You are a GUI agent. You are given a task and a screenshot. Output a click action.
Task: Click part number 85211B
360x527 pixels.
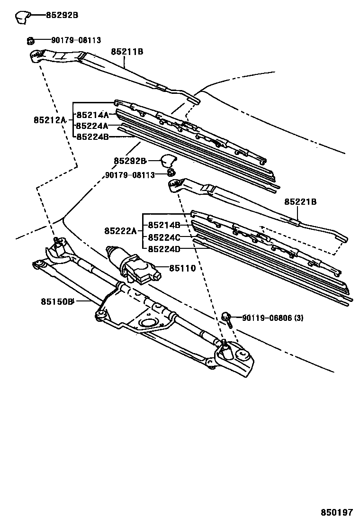pos(127,52)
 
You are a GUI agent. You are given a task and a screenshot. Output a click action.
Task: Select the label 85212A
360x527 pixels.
pos(50,120)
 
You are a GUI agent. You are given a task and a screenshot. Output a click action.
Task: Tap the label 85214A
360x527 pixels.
pos(93,115)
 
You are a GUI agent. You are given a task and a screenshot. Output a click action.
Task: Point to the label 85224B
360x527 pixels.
pos(93,137)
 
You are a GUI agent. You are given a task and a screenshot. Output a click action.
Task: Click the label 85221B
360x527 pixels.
pos(300,202)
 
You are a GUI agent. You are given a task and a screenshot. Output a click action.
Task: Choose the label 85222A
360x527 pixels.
pos(121,231)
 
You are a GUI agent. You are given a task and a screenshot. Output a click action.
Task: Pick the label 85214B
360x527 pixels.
pos(164,225)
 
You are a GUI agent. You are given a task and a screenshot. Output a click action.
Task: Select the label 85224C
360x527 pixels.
pos(164,237)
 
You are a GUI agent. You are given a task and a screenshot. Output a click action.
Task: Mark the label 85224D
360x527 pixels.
pos(164,248)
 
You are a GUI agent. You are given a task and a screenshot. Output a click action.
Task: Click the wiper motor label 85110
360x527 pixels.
pos(179,268)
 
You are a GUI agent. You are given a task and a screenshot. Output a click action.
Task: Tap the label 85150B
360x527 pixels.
pos(57,300)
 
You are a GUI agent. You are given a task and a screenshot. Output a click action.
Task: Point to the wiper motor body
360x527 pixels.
pos(133,268)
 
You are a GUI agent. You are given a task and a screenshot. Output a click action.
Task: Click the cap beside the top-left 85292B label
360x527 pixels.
pos(21,17)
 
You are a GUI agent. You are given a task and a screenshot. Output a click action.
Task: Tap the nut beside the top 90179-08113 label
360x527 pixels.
pos(29,41)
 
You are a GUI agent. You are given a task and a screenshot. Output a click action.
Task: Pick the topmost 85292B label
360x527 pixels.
pos(62,15)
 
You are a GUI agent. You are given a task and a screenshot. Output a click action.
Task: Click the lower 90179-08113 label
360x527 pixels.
pos(130,175)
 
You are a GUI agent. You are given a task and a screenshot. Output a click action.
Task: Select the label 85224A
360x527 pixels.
pos(93,126)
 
